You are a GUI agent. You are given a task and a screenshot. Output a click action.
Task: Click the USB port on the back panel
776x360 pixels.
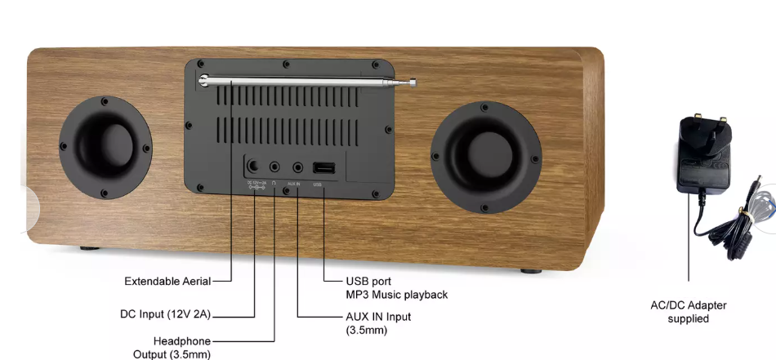(324, 168)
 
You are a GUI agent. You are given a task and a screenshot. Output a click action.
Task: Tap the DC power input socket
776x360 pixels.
(255, 167)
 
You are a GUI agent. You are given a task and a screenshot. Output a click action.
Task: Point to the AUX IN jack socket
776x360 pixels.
(297, 167)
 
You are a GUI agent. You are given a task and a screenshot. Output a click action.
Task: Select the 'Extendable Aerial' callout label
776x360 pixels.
(167, 282)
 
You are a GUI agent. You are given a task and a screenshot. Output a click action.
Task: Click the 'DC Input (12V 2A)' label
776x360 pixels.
(166, 313)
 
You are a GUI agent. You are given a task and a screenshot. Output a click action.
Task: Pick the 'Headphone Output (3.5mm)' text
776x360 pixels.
(174, 347)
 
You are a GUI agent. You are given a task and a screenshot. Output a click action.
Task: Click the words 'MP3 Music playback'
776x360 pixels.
(396, 295)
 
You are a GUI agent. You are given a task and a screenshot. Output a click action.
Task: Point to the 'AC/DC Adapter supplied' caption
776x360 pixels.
(688, 312)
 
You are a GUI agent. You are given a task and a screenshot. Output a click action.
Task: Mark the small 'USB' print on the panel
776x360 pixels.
(318, 185)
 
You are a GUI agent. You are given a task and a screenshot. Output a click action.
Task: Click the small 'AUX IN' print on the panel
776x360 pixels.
(294, 185)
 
